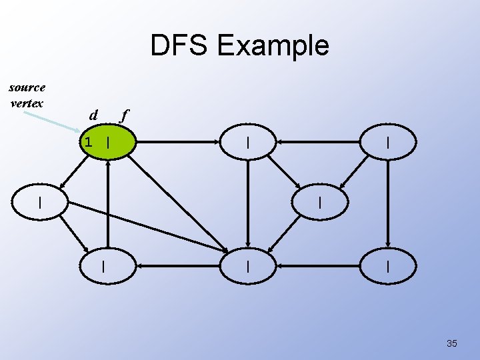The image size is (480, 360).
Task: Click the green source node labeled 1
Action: [107, 142]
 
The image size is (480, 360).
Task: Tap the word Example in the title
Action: [273, 46]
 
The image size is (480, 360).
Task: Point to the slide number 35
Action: [451, 343]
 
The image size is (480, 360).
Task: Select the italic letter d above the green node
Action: [94, 115]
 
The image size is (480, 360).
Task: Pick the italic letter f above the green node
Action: [122, 115]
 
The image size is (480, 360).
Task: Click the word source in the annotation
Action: [27, 87]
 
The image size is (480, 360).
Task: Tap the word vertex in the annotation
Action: [27, 103]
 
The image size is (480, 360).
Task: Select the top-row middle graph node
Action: [247, 142]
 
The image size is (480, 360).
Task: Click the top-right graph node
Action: [388, 142]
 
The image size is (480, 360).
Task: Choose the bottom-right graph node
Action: [388, 266]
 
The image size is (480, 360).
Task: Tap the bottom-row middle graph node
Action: [247, 266]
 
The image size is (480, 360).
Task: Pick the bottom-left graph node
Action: [103, 266]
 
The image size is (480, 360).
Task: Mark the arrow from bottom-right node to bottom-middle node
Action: [319, 266]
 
